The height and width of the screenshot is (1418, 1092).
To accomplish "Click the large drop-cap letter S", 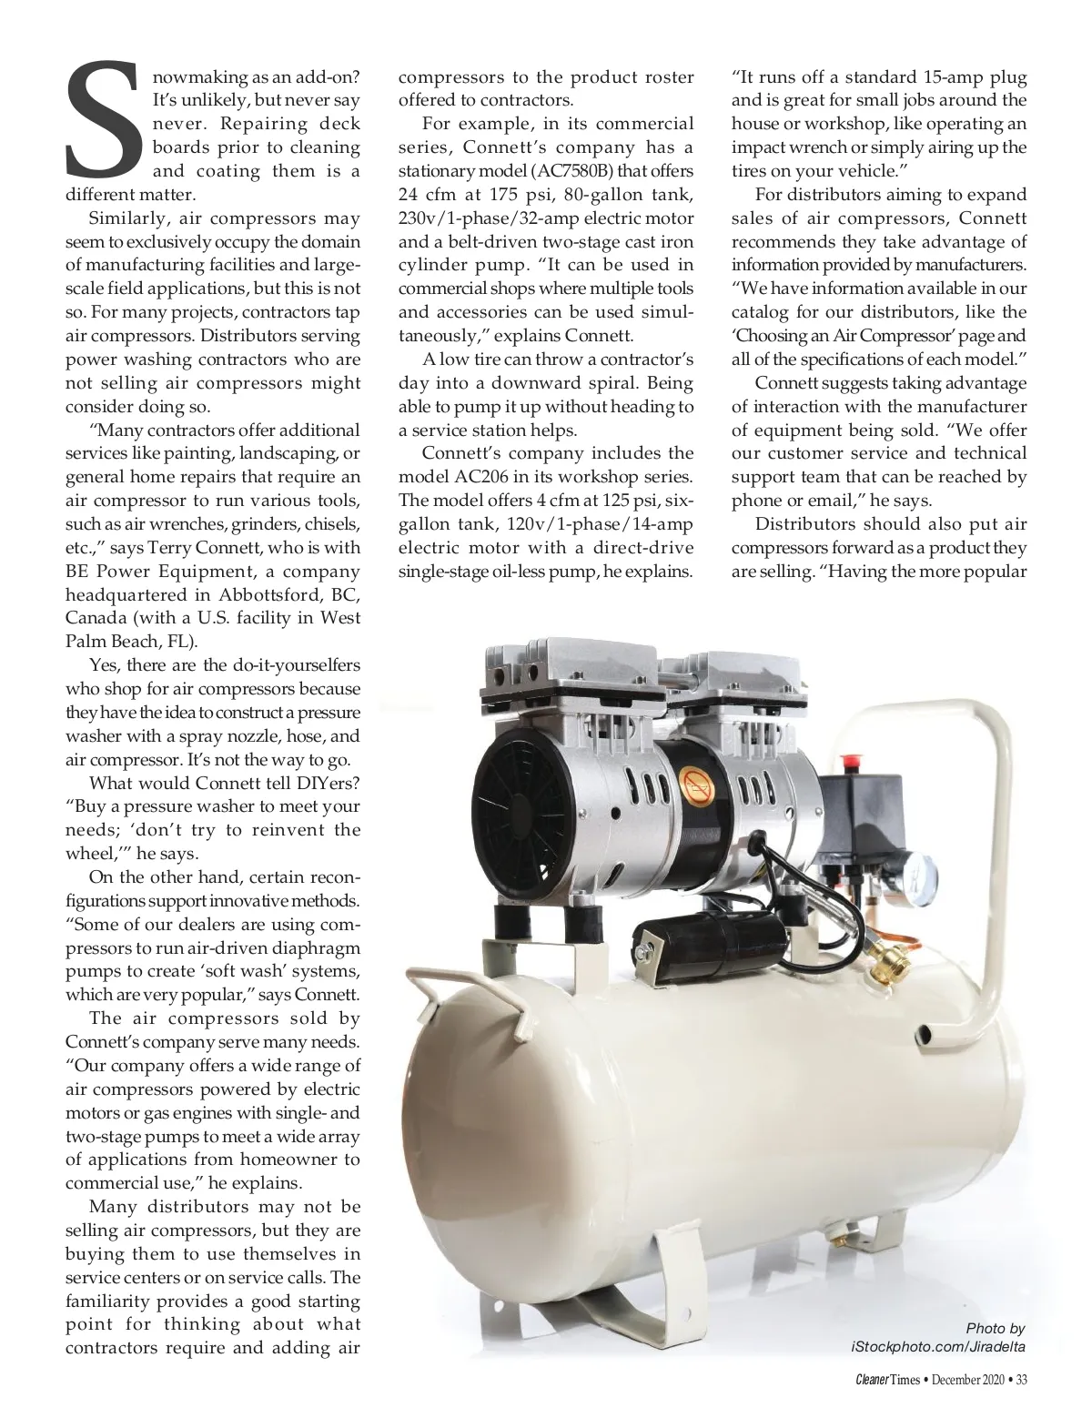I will [x=102, y=118].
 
